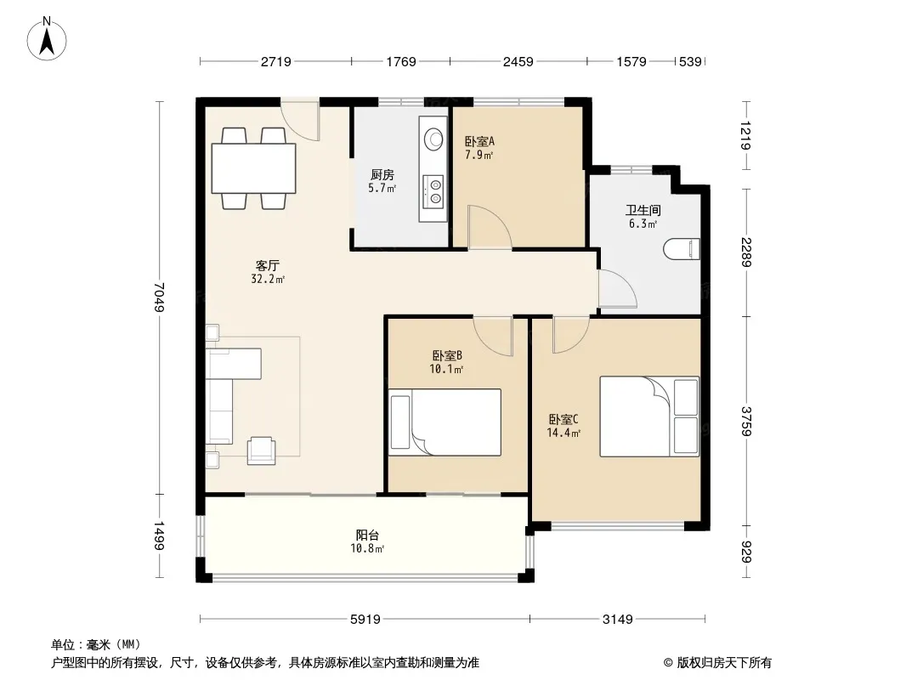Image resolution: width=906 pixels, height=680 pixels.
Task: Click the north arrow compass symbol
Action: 47,39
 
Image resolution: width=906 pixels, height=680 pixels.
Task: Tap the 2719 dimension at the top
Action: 275,61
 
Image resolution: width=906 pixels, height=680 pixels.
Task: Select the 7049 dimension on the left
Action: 160,297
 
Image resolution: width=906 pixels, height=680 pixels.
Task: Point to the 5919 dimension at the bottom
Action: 365,620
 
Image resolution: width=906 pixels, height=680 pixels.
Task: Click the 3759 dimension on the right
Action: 746,421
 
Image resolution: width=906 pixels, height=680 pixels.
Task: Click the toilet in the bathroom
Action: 682,249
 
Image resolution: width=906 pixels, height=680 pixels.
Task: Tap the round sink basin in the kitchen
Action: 433,139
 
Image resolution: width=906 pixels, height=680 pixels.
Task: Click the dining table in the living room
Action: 253,168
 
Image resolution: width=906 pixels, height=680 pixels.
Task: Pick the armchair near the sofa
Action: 261,450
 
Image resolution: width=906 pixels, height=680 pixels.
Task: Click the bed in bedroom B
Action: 445,422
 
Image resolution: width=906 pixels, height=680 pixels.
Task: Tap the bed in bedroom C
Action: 649,416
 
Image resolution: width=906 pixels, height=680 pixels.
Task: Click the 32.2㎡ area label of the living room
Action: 268,279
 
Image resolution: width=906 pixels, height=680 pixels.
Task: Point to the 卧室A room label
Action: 479,141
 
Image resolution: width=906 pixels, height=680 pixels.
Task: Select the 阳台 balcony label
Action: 367,535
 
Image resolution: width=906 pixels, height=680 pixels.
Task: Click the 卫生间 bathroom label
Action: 643,210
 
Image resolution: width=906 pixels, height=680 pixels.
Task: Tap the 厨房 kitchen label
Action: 382,174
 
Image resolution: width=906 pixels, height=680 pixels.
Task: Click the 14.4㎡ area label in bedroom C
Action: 563,433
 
